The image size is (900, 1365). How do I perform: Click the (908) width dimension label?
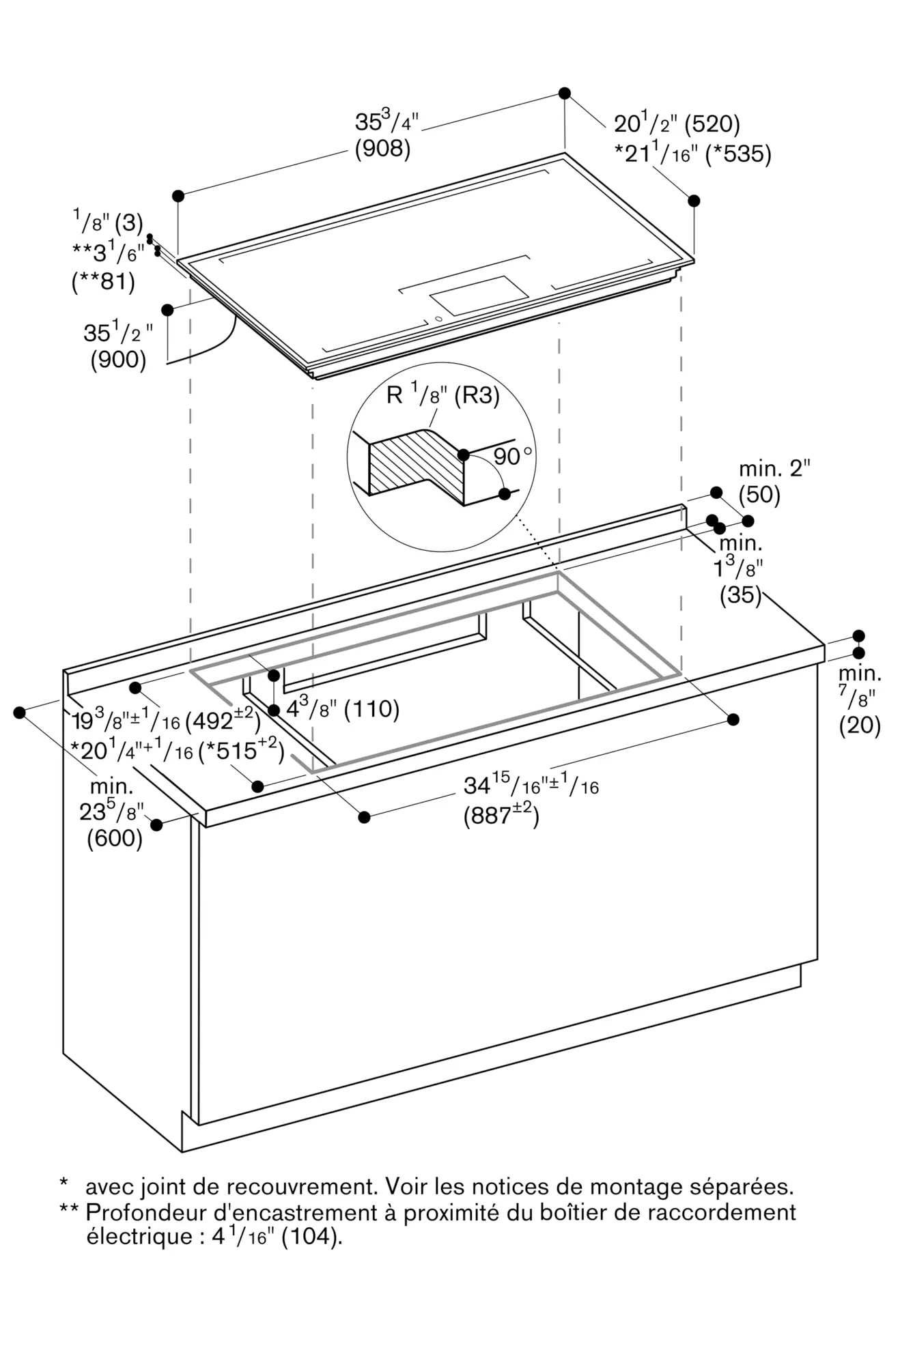coord(382,149)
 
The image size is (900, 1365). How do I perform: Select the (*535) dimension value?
coord(737,154)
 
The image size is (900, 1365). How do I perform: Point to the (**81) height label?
coord(103,281)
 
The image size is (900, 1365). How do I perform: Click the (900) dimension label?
coord(118,360)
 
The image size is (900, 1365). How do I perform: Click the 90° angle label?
coord(512,456)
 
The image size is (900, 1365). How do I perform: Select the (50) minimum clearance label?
coord(759,495)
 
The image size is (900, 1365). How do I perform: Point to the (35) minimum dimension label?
coord(740,595)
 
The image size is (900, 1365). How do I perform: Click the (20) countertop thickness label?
coord(860,725)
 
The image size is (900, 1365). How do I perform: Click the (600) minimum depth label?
coord(115,838)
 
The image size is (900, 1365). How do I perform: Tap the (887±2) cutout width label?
coord(501,816)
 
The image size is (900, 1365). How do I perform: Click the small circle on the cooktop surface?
coord(438,318)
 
